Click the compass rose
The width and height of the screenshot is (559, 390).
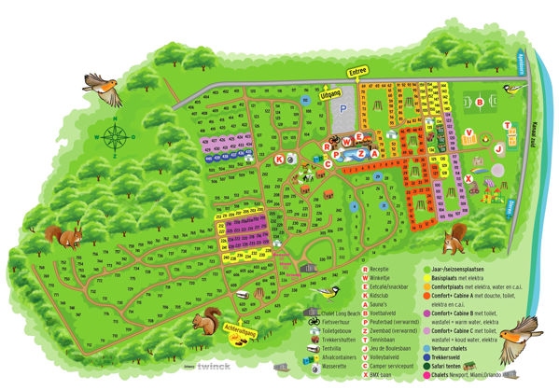(115, 137)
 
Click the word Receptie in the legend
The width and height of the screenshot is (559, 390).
(384, 268)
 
